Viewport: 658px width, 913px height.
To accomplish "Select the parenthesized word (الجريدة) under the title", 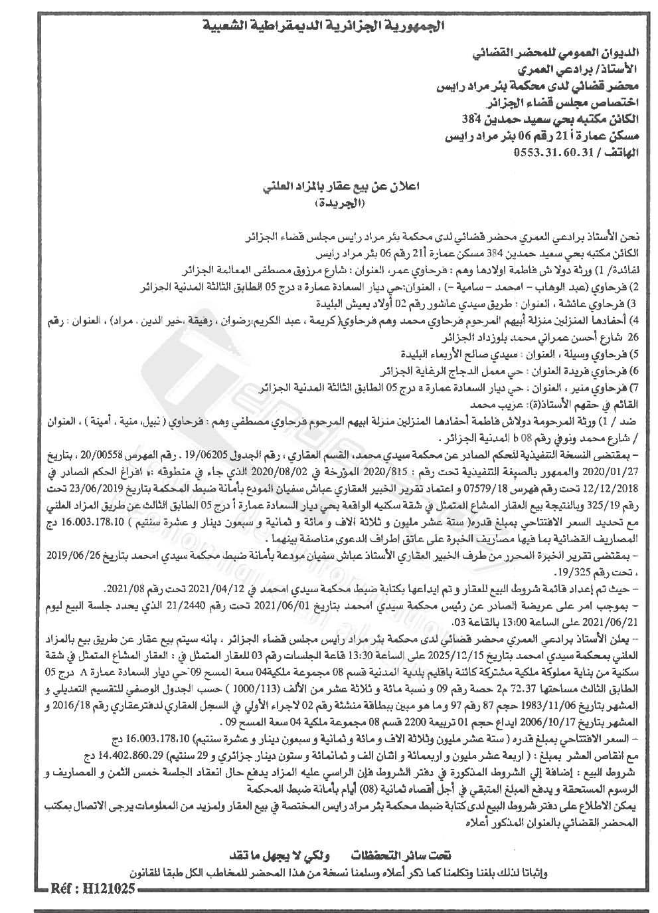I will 345,205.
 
